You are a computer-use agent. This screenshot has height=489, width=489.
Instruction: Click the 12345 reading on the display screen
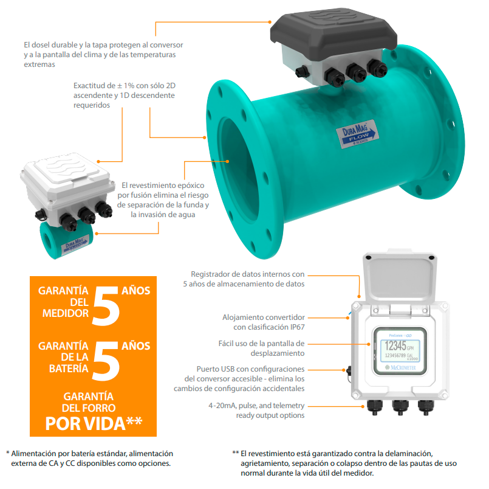click(395, 345)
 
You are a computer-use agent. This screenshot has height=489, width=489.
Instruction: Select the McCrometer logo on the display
click(400, 367)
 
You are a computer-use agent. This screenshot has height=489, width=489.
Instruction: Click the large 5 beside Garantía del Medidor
click(106, 306)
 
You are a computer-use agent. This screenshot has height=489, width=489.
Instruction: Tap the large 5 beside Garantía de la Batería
click(106, 361)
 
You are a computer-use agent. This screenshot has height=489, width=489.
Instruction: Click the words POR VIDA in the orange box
click(85, 424)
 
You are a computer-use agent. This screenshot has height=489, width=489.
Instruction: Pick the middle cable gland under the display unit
click(400, 407)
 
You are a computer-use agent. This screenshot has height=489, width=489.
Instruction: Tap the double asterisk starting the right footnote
click(236, 453)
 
